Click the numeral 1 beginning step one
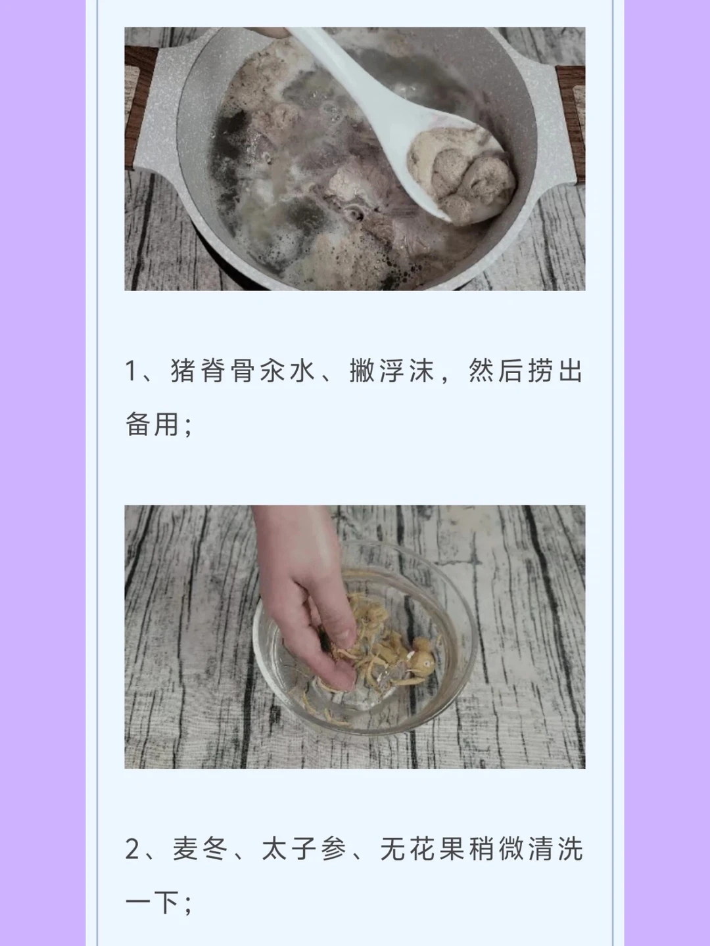[x=131, y=371]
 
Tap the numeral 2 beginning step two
[x=132, y=849]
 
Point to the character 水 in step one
[x=303, y=371]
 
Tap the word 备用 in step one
[x=152, y=424]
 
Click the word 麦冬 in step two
[x=201, y=849]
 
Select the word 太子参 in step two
[x=304, y=849]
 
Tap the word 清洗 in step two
[x=556, y=849]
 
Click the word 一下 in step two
[x=152, y=902]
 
